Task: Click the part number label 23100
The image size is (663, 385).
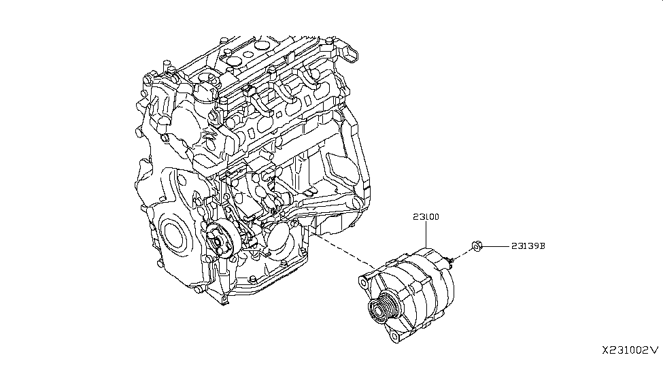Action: [x=425, y=218]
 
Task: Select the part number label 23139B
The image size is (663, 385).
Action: [x=525, y=247]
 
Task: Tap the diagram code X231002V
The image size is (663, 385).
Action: [x=630, y=350]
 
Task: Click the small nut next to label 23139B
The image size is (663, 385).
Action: [x=477, y=246]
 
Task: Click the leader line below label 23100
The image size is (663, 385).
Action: [x=426, y=235]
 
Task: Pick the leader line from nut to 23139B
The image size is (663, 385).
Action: [x=493, y=247]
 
